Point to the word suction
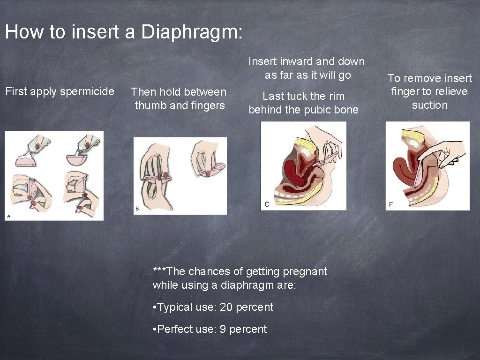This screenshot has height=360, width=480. pos(429,105)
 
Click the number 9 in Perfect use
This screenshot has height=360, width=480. pos(223,329)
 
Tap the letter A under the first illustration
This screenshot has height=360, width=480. pos(8,216)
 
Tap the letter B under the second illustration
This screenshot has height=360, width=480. pos(137,208)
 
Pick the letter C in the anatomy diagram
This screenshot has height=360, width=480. pos(267,204)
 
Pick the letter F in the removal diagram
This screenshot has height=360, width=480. pos(391,204)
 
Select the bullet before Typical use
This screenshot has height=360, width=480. pos(155,307)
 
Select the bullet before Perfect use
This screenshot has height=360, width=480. pos(155,330)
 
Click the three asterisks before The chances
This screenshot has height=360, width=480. pos(159,270)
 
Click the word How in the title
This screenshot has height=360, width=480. pos(20,32)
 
